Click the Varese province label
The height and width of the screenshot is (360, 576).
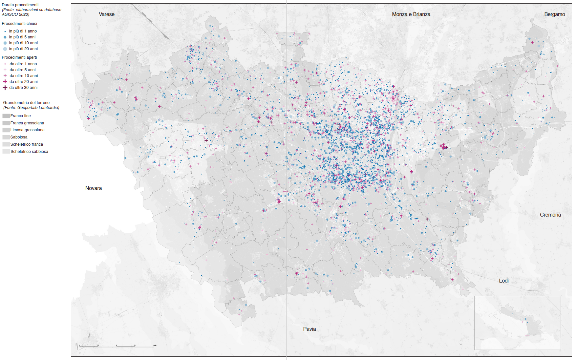tap(107, 14)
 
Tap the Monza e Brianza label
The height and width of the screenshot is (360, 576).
tap(411, 14)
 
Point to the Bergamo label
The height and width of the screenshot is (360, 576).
tap(554, 14)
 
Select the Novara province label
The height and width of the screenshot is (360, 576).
tap(94, 188)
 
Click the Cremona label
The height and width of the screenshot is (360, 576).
tap(550, 215)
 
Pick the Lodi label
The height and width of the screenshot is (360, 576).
tap(503, 281)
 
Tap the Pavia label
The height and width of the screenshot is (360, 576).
tap(309, 329)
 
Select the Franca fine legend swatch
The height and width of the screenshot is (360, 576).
tap(6, 116)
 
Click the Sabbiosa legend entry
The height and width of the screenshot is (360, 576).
tap(19, 137)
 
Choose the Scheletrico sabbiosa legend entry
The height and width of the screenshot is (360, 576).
tap(29, 152)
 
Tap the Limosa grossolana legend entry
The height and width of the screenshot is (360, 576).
tap(27, 130)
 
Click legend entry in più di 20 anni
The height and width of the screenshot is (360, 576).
tap(23, 49)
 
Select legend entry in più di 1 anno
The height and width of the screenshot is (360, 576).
tap(23, 31)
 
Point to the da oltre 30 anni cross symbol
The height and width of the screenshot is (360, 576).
tap(5, 88)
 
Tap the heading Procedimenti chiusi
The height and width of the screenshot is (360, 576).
tap(19, 24)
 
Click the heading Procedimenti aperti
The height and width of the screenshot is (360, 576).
tap(19, 57)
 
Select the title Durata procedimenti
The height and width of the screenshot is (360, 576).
tap(20, 5)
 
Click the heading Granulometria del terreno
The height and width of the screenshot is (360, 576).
tap(26, 103)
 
